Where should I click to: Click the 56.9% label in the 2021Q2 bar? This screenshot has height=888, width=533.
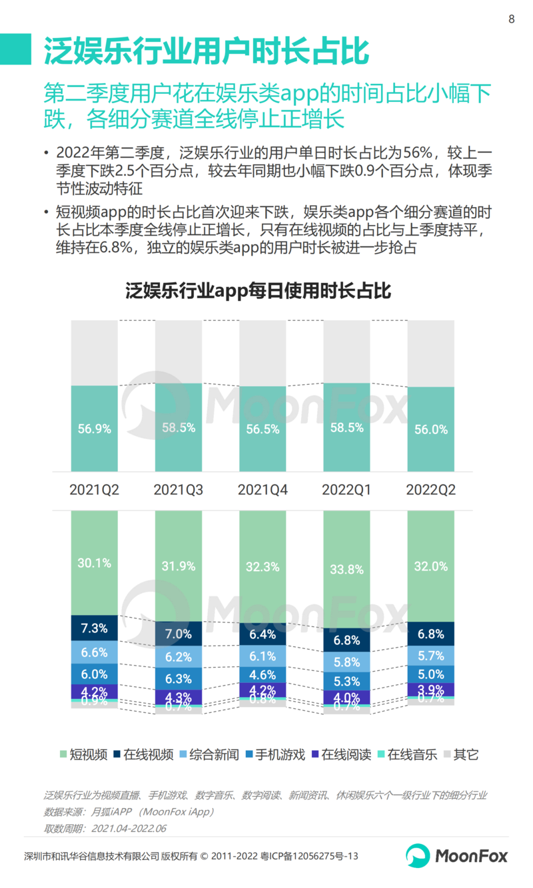(94, 429)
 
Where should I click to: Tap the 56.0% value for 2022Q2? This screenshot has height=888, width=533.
(430, 429)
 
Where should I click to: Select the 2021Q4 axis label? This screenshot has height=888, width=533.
(263, 491)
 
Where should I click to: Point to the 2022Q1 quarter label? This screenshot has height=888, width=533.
(346, 491)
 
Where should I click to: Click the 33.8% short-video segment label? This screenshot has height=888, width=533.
(346, 569)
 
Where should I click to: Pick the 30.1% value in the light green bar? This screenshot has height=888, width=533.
(94, 562)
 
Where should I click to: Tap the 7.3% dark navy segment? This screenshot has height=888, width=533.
(94, 628)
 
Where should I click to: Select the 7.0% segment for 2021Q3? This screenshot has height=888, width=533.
(179, 634)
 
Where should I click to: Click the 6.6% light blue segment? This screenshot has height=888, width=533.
(94, 652)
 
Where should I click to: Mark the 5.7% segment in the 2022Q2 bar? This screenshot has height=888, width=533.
(430, 655)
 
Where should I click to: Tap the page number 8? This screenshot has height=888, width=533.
(512, 19)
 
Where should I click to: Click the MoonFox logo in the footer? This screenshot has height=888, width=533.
(456, 855)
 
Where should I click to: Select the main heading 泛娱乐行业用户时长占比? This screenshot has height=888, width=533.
(206, 51)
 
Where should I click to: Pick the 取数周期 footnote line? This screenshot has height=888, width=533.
(105, 828)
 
